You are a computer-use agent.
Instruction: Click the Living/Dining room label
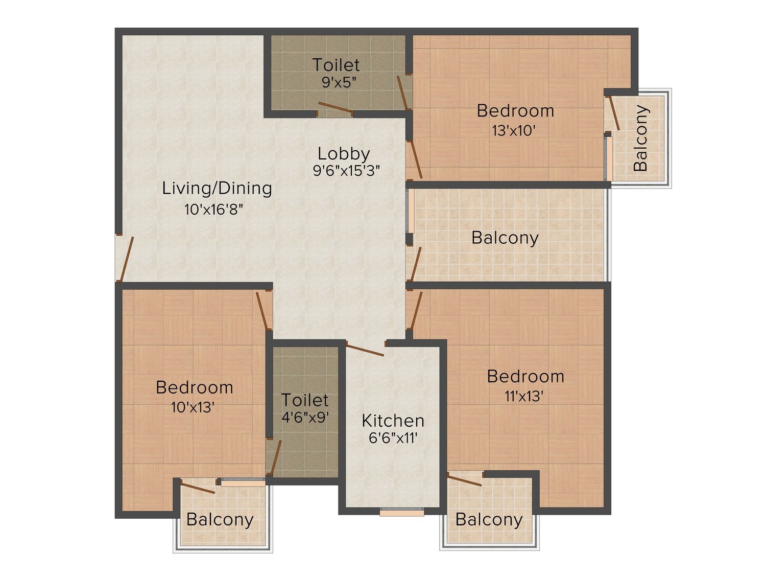coord(217,189)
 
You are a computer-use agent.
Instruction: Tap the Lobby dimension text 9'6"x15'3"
coord(346,171)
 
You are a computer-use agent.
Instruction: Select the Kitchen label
coord(393,421)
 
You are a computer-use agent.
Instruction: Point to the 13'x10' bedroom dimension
coord(514,131)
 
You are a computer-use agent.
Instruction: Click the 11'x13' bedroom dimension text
coord(524,396)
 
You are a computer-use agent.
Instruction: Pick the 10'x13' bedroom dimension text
coord(193,407)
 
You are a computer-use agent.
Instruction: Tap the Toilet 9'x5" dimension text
coord(339,82)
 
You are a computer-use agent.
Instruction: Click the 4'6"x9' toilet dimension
coord(305,418)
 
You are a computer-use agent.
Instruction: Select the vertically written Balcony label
coord(641,138)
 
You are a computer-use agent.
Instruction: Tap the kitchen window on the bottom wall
coord(402,513)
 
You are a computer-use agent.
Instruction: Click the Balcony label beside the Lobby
coord(505,238)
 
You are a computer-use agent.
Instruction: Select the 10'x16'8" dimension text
coord(213,210)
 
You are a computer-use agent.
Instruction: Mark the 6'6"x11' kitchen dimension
coord(393,438)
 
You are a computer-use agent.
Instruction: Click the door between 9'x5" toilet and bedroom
coord(402,93)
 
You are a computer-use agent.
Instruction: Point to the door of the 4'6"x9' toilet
coord(276,457)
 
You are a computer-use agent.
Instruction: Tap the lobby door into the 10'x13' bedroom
coord(262,311)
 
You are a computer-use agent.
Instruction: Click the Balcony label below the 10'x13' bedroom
coord(220,520)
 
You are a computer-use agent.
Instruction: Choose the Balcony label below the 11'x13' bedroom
coord(489,520)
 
